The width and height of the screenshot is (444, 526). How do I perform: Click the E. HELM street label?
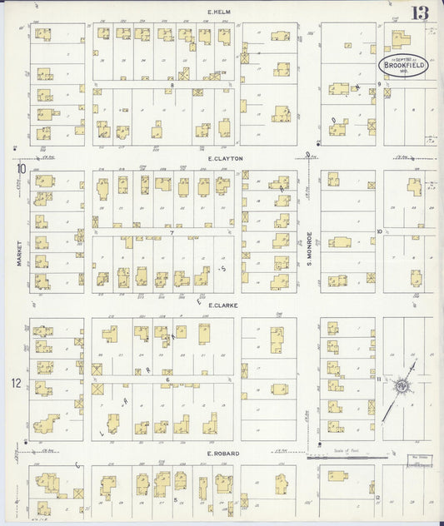point(219,11)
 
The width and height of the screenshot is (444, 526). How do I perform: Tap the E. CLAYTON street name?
point(226,157)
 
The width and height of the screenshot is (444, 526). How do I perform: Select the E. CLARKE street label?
point(223,305)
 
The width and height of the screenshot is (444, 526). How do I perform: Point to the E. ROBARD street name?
point(222,454)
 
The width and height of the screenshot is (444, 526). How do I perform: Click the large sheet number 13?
point(421,13)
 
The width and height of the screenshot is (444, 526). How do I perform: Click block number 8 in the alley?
point(172,85)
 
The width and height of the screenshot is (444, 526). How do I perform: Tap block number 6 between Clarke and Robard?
point(167,380)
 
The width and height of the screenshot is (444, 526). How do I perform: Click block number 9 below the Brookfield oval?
point(379,84)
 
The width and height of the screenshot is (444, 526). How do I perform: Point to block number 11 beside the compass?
point(379,380)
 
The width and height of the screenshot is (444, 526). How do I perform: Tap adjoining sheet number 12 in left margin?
point(16,384)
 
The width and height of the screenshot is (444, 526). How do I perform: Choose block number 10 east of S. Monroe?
point(379,231)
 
